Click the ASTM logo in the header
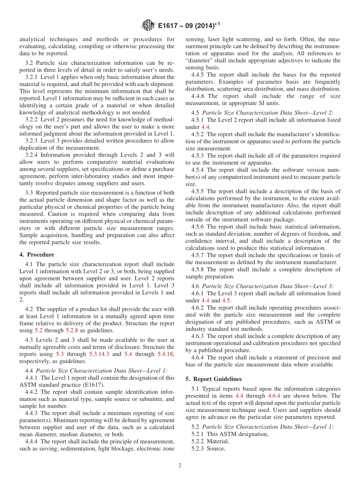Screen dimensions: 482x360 (148, 25)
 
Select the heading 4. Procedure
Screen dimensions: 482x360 (37, 255)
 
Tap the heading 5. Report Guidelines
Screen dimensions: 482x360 (213, 379)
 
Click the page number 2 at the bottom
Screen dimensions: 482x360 (180, 465)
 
